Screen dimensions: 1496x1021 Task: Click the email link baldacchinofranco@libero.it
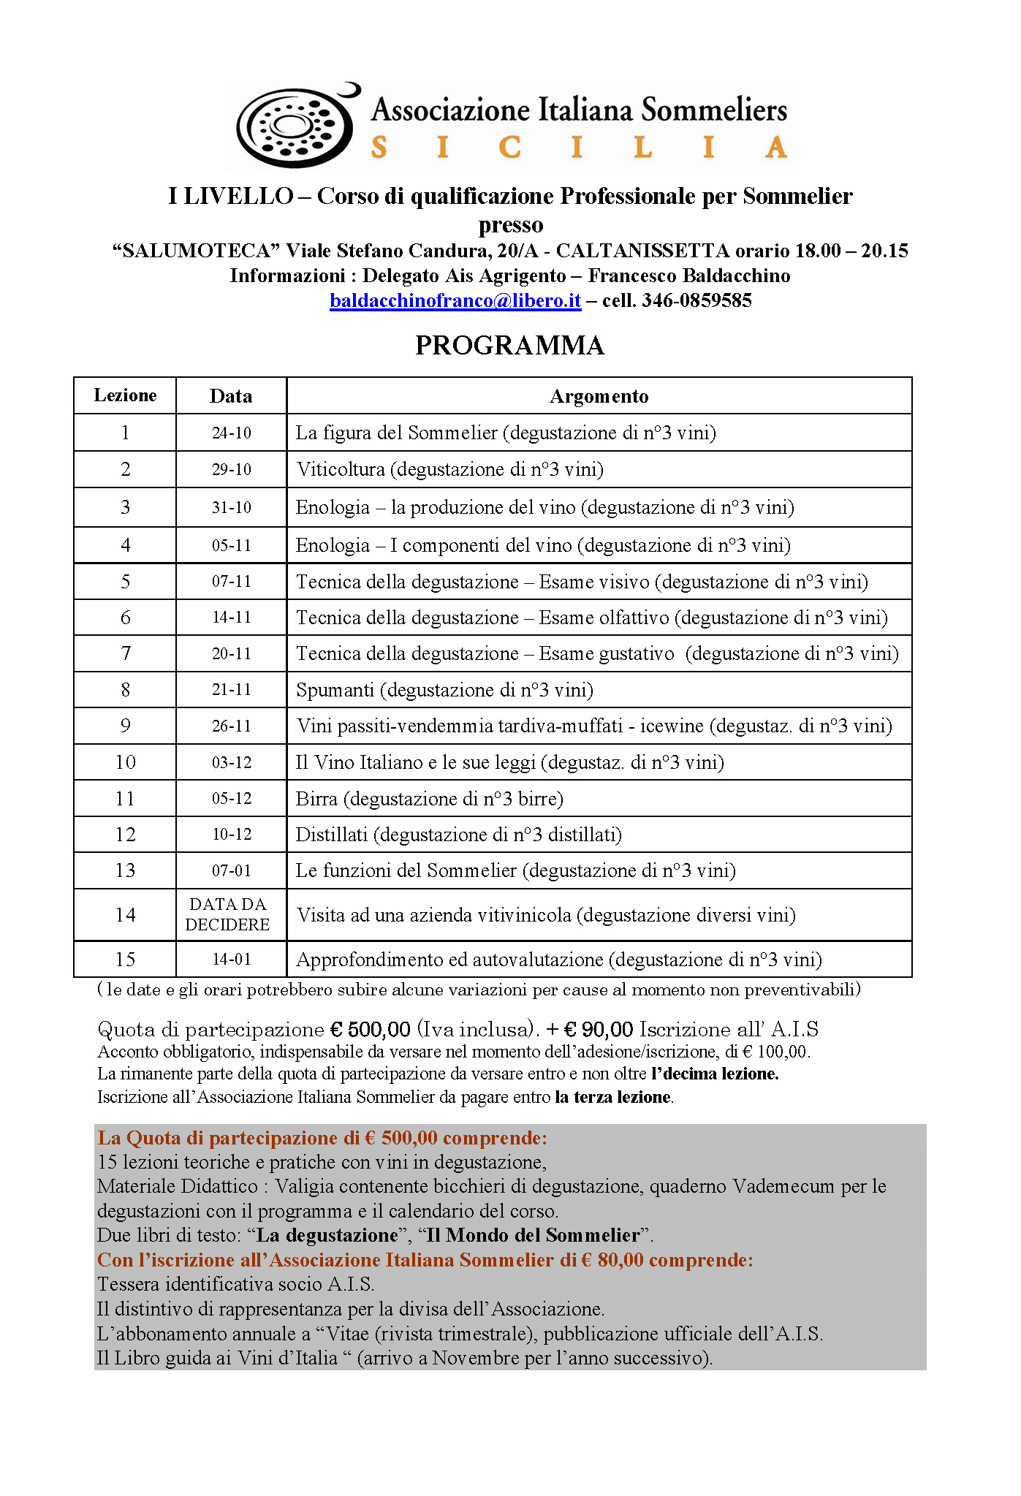click(455, 300)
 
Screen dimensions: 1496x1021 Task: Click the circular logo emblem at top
click(297, 125)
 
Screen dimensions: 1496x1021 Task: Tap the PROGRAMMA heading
click(509, 346)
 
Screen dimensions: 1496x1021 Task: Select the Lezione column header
click(125, 395)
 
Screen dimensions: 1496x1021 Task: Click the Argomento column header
click(599, 396)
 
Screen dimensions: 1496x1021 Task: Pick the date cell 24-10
click(231, 433)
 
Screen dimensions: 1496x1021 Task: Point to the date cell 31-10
click(231, 507)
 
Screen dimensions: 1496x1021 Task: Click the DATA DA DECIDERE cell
click(227, 914)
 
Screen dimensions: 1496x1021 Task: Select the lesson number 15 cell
click(125, 959)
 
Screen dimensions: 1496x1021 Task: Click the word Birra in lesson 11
click(316, 799)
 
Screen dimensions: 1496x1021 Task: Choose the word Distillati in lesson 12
click(331, 835)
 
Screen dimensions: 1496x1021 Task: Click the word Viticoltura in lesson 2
click(341, 469)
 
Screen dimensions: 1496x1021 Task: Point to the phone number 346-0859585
click(697, 300)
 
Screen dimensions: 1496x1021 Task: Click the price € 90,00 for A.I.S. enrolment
click(599, 1030)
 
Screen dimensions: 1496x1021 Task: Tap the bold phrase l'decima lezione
click(714, 1074)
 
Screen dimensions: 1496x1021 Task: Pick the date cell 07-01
click(231, 870)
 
